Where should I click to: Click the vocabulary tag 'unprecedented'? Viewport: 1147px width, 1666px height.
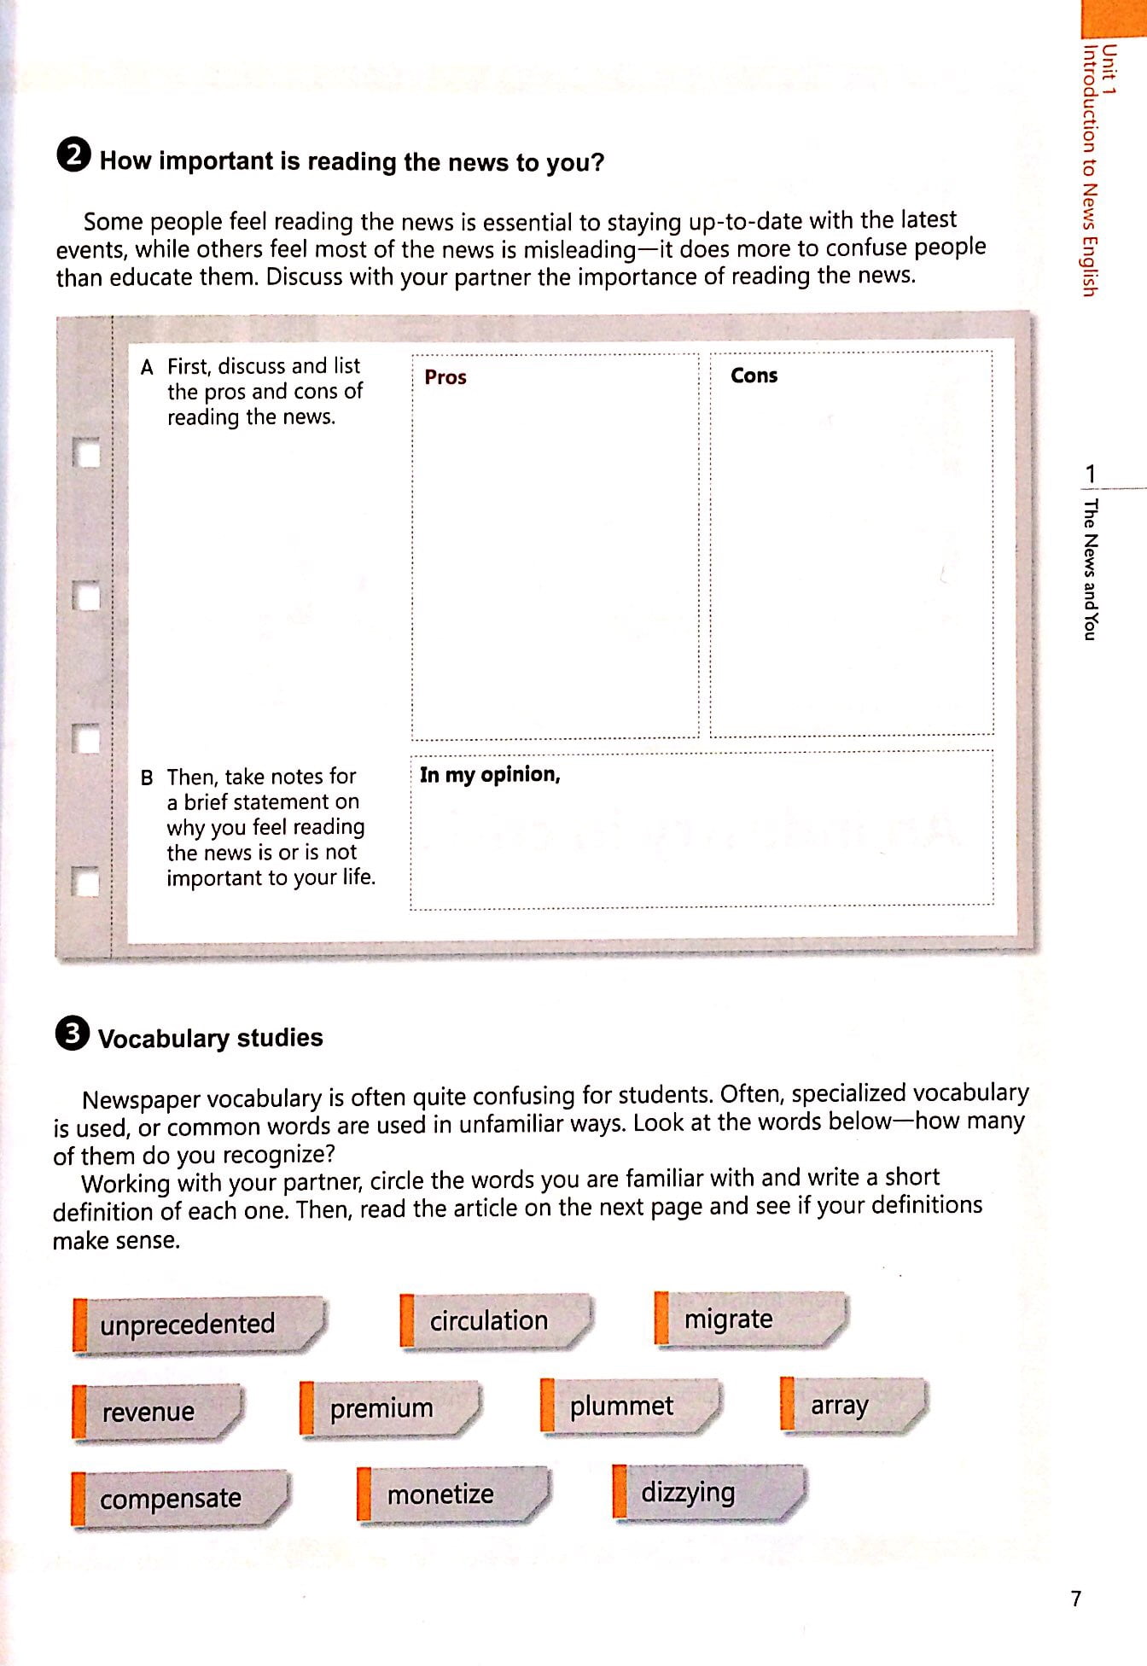click(x=188, y=1324)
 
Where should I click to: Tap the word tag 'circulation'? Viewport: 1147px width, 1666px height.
click(x=488, y=1320)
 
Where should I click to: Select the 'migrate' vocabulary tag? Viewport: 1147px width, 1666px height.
click(x=728, y=1319)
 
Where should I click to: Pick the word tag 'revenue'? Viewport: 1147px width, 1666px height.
click(x=148, y=1412)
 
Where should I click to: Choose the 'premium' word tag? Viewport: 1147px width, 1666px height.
click(x=381, y=1408)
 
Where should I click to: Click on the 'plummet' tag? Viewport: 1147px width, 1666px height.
click(x=621, y=1406)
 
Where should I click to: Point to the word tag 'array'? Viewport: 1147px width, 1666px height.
click(x=839, y=1405)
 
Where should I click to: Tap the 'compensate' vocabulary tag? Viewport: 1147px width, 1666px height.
click(x=171, y=1499)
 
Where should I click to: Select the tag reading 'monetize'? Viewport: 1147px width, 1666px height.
click(x=440, y=1494)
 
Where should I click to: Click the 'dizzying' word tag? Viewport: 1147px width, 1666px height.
click(x=688, y=1492)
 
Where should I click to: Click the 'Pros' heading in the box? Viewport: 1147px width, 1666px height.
click(x=445, y=377)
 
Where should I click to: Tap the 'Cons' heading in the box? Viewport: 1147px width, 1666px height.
click(x=754, y=376)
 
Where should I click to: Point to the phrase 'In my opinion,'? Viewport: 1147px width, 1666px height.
click(x=490, y=774)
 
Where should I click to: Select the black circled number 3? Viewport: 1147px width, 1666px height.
click(x=72, y=1034)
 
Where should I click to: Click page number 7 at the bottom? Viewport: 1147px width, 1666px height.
click(x=1076, y=1599)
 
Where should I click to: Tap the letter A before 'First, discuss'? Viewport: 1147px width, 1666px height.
click(x=148, y=367)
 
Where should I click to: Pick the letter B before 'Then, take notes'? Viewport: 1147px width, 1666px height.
click(x=148, y=778)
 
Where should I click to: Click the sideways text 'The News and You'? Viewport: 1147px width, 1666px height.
click(x=1091, y=568)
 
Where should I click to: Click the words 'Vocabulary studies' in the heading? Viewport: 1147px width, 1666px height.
click(x=211, y=1038)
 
